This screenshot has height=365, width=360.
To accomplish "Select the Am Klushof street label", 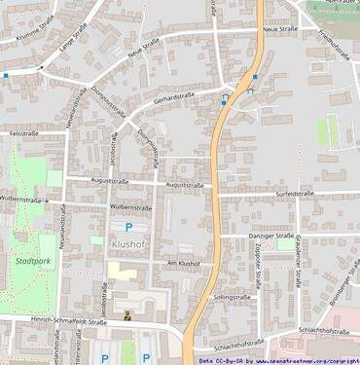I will pyautogui.click(x=183, y=263).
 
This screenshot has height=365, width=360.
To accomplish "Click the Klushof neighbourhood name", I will pyautogui.click(x=128, y=244).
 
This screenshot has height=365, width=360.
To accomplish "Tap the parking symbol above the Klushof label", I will pyautogui.click(x=128, y=227).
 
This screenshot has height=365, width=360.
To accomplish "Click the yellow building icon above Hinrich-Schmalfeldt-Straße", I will pyautogui.click(x=127, y=314).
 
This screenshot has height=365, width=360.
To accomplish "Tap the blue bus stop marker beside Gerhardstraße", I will pyautogui.click(x=225, y=98).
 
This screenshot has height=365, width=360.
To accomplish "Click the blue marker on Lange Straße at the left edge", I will pyautogui.click(x=5, y=74).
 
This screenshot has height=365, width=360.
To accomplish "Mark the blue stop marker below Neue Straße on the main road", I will pyautogui.click(x=255, y=77).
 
